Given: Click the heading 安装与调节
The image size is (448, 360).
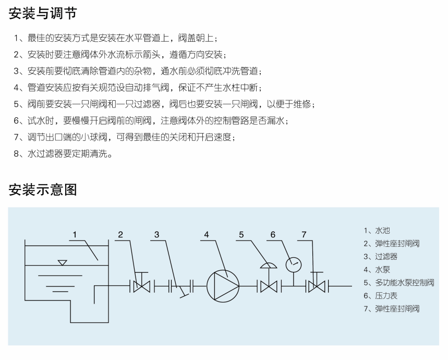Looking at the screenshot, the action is tap(43, 14).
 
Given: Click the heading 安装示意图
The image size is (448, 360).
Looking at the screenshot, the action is tap(43, 190).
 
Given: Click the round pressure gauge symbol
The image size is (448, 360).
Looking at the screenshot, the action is tap(294, 265).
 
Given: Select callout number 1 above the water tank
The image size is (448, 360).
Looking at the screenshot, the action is tap(75, 235).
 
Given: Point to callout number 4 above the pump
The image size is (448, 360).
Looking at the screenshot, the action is tap(207, 235).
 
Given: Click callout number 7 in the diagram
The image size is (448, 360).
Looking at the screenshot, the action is tap(304, 235).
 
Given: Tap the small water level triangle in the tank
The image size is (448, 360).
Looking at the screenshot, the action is tap(62, 262).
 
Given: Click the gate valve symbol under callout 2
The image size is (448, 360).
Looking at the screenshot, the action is tap(142, 286).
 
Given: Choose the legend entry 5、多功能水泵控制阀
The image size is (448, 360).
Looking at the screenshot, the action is tap(399, 283).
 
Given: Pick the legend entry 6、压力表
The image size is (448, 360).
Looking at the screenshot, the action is tap(380, 296).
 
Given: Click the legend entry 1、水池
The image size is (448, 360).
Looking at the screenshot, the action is tap(377, 231).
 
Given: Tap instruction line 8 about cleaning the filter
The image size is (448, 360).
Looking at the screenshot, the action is tap(63, 154).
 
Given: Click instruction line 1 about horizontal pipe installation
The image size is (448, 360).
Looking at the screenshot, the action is tap(115, 38).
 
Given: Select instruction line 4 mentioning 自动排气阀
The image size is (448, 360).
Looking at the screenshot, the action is tap(137, 88).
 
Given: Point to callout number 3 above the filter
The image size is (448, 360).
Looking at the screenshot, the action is tap(156, 235).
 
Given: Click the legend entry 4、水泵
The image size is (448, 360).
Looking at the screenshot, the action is tap(377, 270).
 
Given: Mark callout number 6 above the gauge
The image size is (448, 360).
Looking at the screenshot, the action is tap(273, 235).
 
